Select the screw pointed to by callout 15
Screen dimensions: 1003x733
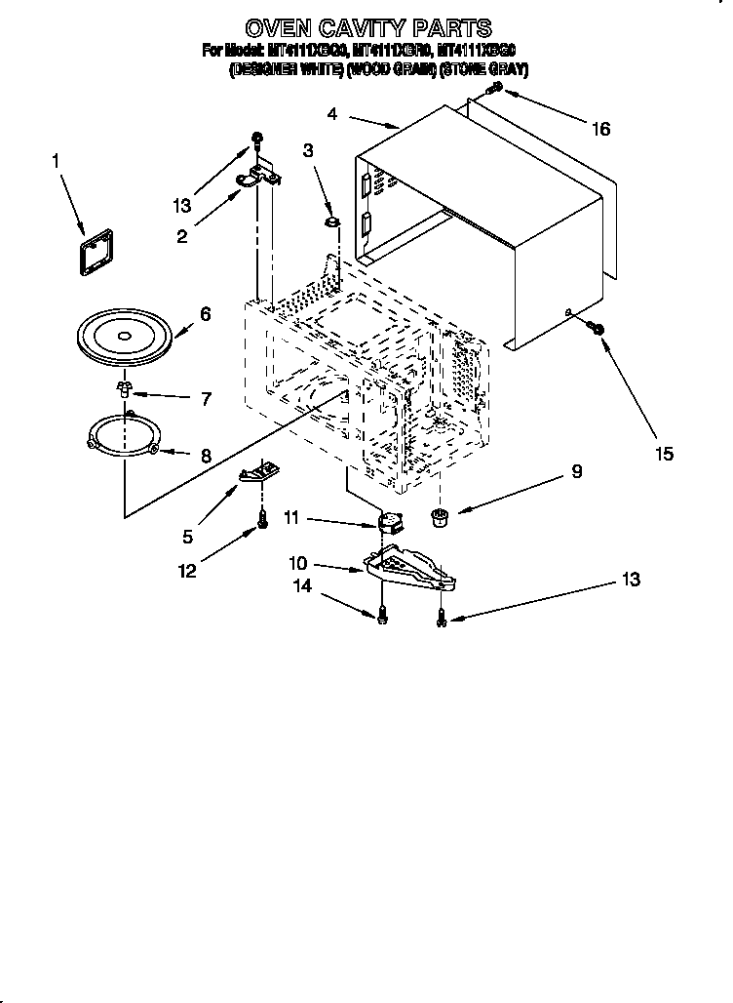tap(598, 333)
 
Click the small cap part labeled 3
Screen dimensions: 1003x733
tap(332, 224)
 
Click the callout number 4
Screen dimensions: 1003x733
tap(332, 114)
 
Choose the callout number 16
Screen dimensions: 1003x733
tap(600, 129)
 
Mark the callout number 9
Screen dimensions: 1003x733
tap(577, 471)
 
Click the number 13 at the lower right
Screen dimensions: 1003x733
tap(630, 580)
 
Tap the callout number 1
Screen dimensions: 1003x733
tap(55, 159)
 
